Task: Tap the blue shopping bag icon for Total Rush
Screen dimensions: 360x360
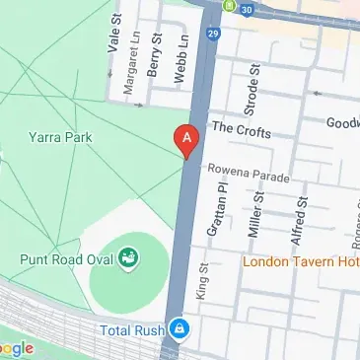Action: coord(179,326)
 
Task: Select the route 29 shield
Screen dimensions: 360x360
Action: coord(212,34)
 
